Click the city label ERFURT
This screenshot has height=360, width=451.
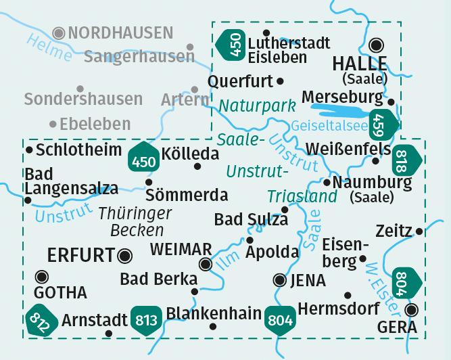tap(80, 255)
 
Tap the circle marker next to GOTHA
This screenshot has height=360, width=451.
tap(42, 276)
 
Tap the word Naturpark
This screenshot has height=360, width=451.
tap(258, 106)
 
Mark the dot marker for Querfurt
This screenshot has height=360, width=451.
tap(281, 81)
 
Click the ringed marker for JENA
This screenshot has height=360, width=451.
tap(279, 279)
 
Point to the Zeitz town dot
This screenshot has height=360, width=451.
tap(420, 231)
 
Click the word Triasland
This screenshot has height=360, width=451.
tap(302, 196)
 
